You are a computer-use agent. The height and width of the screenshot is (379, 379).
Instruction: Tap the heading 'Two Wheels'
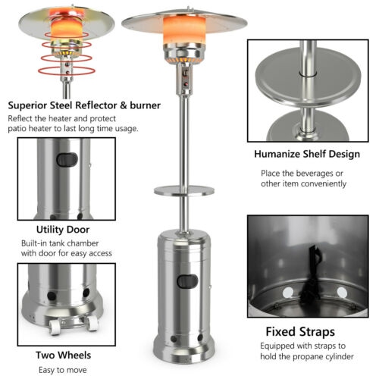(x=63, y=354)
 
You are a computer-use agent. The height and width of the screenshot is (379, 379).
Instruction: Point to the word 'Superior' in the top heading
(x=30, y=105)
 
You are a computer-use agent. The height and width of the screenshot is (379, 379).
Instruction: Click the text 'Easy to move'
(x=63, y=369)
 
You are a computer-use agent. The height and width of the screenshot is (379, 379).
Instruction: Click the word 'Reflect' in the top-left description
(x=22, y=119)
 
